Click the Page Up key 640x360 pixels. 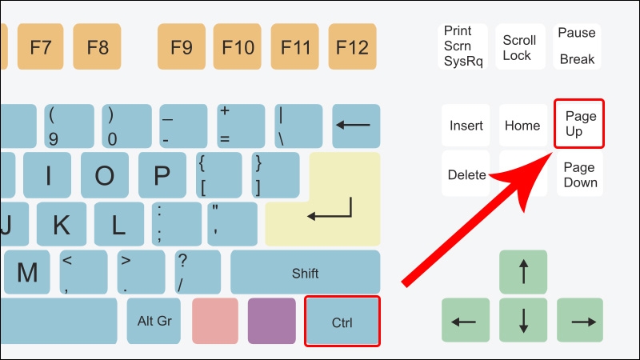(579, 123)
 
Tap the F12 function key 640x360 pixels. (353, 46)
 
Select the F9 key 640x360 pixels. (182, 46)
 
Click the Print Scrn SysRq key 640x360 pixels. (463, 46)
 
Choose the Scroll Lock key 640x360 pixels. (519, 46)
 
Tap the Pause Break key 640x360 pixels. (577, 46)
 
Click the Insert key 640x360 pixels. (466, 125)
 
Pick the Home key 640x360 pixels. (522, 125)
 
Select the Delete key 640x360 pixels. (466, 174)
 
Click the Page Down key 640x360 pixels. (579, 174)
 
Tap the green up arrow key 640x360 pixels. (523, 272)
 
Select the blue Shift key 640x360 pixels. (305, 272)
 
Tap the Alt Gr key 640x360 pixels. (154, 321)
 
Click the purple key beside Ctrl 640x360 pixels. (271, 321)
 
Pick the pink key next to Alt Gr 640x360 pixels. (214, 321)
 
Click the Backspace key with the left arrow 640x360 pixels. (356, 126)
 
